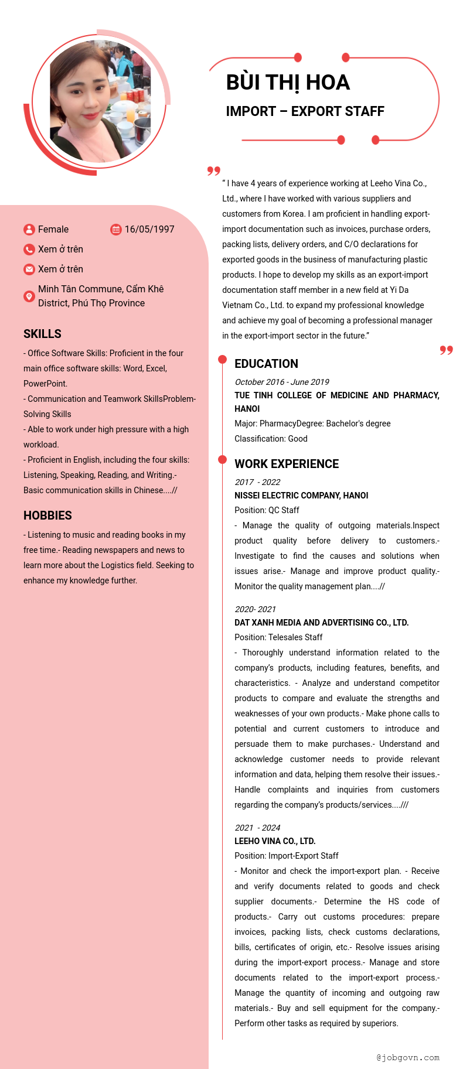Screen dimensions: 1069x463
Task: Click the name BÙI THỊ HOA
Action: pyautogui.click(x=288, y=83)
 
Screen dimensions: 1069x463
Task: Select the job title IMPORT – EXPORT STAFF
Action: pyautogui.click(x=305, y=111)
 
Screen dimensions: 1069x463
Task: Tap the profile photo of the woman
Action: pyautogui.click(x=100, y=101)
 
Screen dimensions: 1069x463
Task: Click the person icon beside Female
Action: pyautogui.click(x=29, y=230)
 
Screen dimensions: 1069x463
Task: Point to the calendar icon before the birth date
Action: pyautogui.click(x=116, y=230)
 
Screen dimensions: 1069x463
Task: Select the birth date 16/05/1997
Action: pyautogui.click(x=149, y=230)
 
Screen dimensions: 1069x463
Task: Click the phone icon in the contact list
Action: pyautogui.click(x=29, y=250)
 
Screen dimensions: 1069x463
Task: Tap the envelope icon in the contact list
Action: pyautogui.click(x=29, y=269)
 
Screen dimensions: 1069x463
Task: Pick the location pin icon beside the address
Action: pyautogui.click(x=29, y=296)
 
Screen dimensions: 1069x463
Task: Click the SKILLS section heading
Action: pyautogui.click(x=42, y=334)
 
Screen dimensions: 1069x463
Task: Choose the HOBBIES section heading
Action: pyautogui.click(x=47, y=515)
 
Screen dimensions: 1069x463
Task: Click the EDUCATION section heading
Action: pyautogui.click(x=266, y=364)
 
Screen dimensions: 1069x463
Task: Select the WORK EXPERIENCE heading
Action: pyautogui.click(x=287, y=464)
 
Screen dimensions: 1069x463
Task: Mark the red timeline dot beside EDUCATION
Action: pyautogui.click(x=222, y=359)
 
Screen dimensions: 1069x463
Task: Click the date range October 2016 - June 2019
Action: pyautogui.click(x=282, y=382)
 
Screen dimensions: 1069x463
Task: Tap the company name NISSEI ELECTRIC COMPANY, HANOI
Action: pyautogui.click(x=301, y=496)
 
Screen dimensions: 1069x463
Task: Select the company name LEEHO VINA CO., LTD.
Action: pyautogui.click(x=275, y=841)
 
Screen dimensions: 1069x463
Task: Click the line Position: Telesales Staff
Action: pyautogui.click(x=278, y=637)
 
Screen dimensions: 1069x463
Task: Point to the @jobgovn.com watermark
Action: pyautogui.click(x=408, y=1057)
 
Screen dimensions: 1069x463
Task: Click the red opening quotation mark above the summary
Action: pyautogui.click(x=214, y=170)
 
